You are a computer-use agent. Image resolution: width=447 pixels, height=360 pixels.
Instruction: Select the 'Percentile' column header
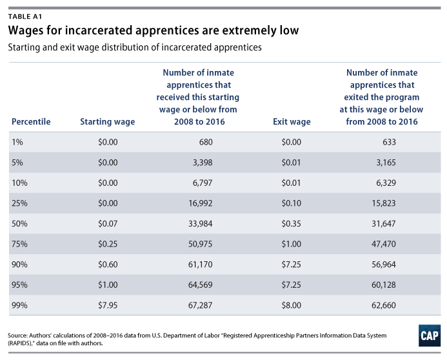(x=31, y=121)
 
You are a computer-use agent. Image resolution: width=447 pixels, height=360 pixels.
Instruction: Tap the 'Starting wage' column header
(x=107, y=121)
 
